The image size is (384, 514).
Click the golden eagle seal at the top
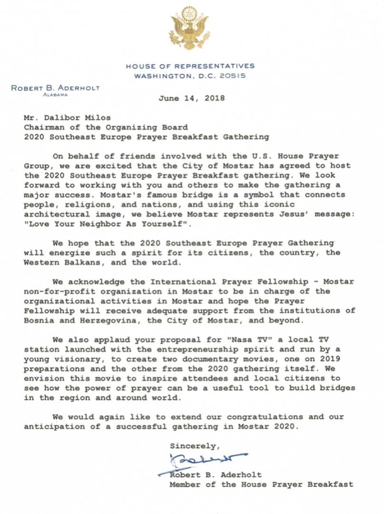(x=189, y=29)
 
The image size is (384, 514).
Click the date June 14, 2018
(x=191, y=99)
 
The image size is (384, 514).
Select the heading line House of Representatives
(x=190, y=66)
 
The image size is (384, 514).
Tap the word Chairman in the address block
(x=44, y=127)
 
